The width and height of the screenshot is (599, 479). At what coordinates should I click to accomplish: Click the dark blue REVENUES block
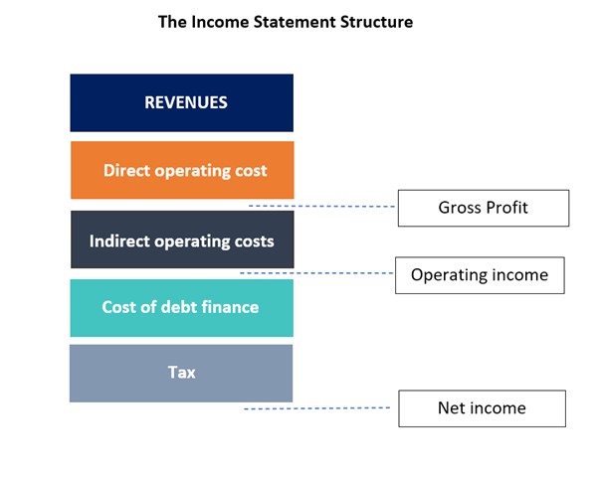coord(181,102)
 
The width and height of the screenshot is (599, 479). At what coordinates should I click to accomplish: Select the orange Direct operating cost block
coord(181,170)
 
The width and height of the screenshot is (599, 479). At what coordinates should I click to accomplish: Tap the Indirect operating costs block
coord(181,239)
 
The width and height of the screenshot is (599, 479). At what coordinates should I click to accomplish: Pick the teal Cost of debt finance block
coord(181,307)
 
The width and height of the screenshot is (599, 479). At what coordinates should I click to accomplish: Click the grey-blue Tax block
coord(181,373)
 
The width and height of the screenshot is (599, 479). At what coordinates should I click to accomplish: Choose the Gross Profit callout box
coord(483,208)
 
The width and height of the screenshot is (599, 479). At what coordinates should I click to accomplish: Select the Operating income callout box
coord(480,275)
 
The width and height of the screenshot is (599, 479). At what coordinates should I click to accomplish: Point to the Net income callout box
coord(482,408)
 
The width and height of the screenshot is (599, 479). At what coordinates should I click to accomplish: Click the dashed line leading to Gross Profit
coord(320,206)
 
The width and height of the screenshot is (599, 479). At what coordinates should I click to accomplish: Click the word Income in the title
coord(217,22)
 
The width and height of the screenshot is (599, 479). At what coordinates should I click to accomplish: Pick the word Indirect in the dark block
coord(121,240)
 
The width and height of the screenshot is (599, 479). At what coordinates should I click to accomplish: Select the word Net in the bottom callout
coord(452,408)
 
